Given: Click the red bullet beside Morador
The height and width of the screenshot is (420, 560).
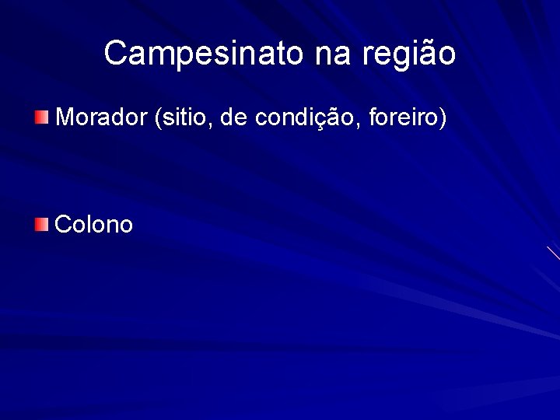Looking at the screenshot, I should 41,117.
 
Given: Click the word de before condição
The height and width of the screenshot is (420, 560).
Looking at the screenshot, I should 233,117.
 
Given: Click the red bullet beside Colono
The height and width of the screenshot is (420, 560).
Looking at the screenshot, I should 41,225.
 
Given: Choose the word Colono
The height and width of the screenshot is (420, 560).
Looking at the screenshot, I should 95,225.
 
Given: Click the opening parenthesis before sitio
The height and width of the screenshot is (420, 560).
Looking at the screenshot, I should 159,118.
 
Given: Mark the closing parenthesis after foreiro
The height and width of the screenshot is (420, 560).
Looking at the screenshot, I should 443,118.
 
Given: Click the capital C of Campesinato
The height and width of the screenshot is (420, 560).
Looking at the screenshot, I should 116,53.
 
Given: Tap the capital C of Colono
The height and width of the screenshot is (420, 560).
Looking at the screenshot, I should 65,225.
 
